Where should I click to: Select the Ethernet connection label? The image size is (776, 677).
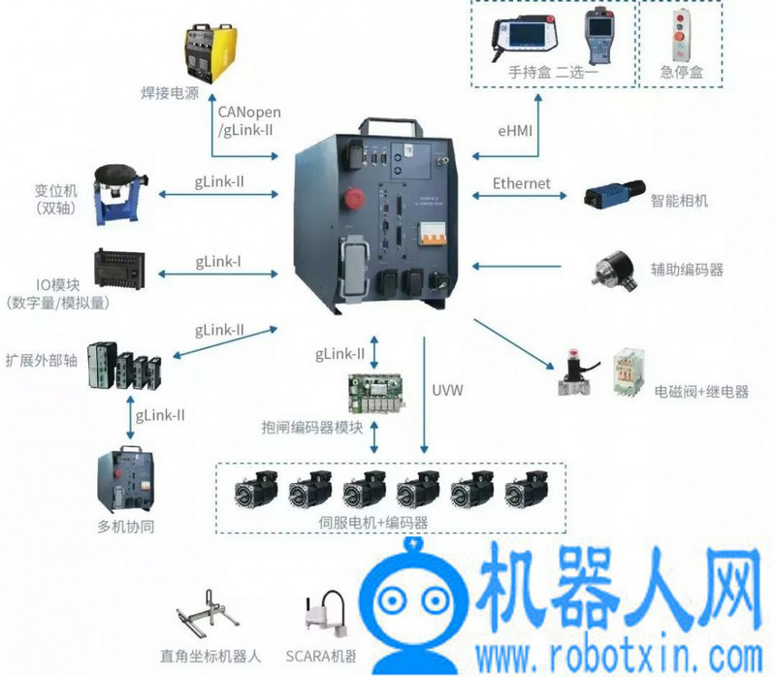coord(521,183)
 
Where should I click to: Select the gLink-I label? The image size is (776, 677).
coord(218,262)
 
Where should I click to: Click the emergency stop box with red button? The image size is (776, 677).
coord(680,35)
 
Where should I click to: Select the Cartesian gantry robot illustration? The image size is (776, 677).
coord(207,613)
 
